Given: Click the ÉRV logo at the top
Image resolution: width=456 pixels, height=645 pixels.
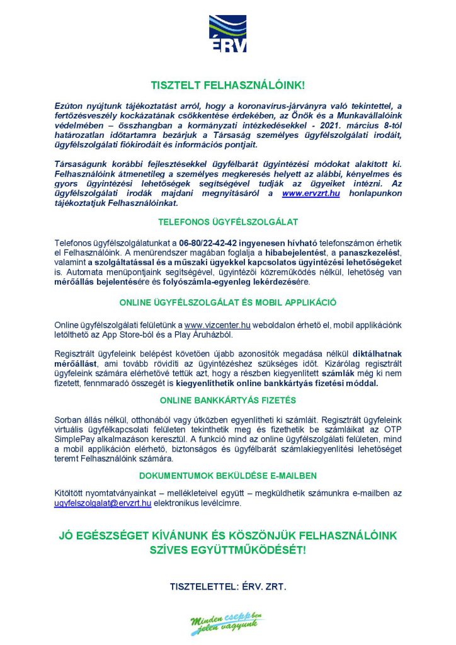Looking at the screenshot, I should tap(228, 34).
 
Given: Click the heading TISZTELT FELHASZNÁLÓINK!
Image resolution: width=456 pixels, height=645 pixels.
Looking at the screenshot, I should tap(228, 84).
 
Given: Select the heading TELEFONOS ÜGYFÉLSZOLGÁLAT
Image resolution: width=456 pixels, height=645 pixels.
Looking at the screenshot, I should tap(228, 222).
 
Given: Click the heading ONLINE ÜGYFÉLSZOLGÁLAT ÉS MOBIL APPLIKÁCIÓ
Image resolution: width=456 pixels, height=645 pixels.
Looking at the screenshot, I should tap(228, 302).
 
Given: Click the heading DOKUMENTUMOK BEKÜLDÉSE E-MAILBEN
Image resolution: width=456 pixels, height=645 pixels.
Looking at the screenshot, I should tap(228, 475).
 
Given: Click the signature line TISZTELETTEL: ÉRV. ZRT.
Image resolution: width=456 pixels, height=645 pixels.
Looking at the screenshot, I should tap(228, 586).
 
